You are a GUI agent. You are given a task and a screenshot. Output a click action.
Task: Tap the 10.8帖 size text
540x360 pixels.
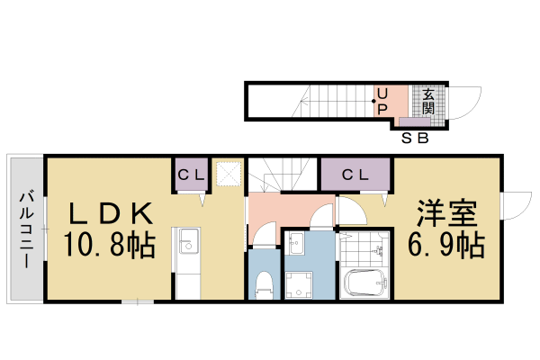tap(108, 244)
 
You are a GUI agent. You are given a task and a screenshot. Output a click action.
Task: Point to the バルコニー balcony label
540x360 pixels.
tap(27, 229)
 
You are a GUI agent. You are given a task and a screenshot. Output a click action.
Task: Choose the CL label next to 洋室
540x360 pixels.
tap(355, 175)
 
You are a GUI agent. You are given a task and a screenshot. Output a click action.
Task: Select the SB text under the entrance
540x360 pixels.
tap(414, 139)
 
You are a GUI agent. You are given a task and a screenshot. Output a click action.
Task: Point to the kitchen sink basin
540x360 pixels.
tap(188, 242)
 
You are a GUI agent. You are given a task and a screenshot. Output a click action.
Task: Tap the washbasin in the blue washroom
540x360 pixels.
tap(298, 244)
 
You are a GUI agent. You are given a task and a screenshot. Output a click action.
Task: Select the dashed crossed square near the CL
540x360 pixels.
tap(229, 173)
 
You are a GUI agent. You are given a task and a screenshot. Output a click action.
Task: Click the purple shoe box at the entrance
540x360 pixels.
tap(414, 121)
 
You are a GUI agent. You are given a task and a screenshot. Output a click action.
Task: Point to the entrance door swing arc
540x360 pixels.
tap(463, 101)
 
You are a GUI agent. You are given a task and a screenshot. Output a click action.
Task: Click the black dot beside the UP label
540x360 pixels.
tap(374, 101)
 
